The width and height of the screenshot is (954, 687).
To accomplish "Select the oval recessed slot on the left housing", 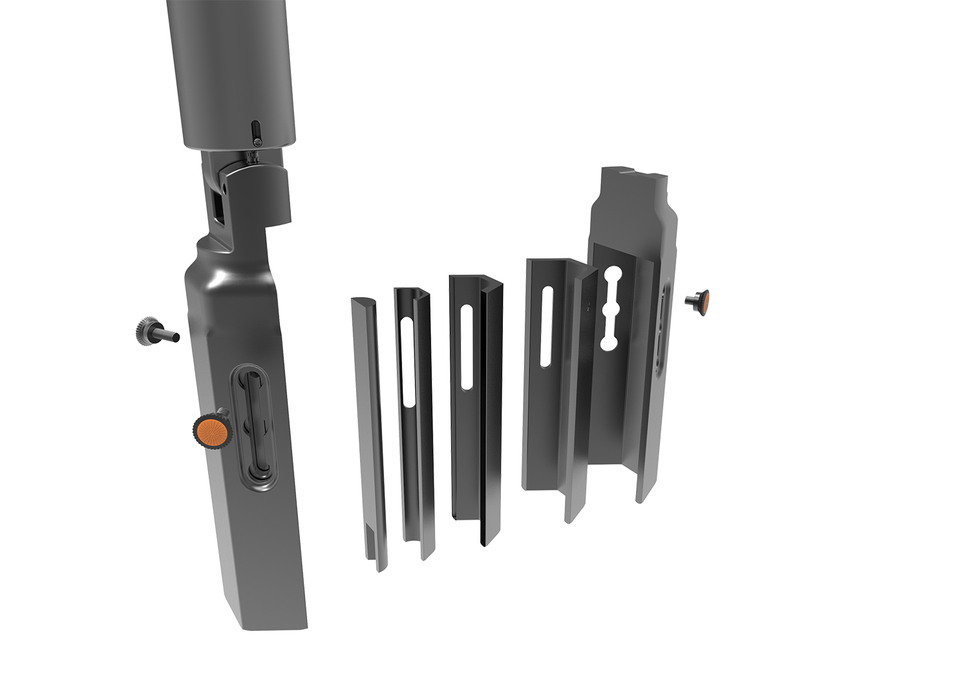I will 256,427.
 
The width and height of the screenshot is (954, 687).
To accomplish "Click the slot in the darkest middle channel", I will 467,349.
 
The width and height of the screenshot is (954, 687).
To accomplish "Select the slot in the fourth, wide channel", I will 547,326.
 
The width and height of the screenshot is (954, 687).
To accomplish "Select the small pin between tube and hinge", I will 252,155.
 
